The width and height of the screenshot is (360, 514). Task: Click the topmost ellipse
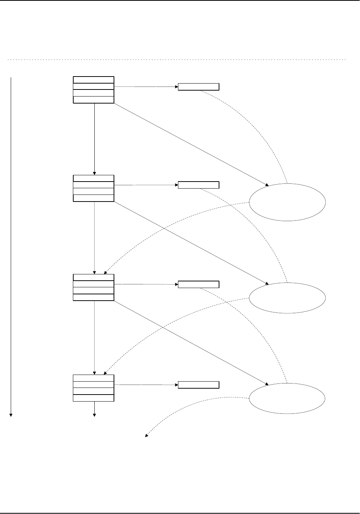[287, 202]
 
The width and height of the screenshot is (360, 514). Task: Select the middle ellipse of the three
[287, 298]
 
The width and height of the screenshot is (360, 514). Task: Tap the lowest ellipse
[287, 399]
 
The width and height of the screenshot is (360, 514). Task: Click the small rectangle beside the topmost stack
[198, 87]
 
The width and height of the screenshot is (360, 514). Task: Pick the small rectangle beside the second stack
[198, 185]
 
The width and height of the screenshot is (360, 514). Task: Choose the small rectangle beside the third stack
[198, 284]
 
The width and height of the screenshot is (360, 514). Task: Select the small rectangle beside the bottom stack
[198, 385]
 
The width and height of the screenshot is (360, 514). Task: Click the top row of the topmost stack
[94, 80]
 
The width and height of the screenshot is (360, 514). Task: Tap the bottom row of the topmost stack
[94, 99]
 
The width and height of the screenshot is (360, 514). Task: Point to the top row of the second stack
[94, 178]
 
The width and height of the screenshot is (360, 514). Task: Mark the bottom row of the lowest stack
[94, 398]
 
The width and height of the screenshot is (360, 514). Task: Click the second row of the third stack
[94, 284]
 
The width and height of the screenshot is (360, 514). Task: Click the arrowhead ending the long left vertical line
[11, 415]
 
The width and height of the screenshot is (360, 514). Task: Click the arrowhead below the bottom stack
[94, 415]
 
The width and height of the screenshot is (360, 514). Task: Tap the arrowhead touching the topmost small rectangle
[176, 87]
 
